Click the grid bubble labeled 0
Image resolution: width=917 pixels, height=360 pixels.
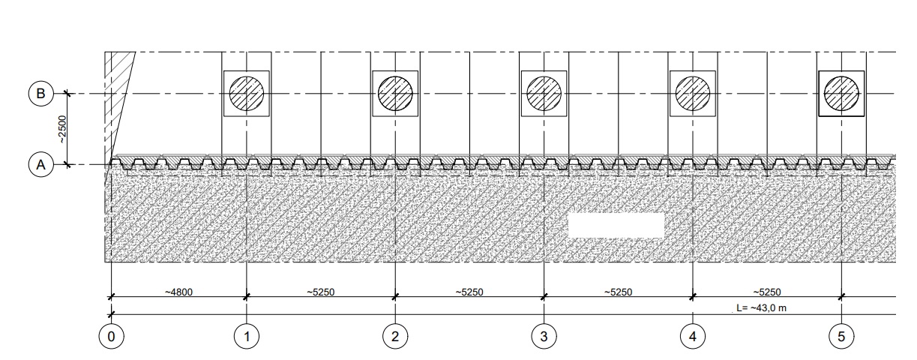112,337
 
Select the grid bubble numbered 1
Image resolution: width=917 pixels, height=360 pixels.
247,337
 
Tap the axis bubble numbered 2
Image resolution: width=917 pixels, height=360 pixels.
395,337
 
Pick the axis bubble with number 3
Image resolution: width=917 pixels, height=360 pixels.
544,337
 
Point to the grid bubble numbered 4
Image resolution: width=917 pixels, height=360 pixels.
693,337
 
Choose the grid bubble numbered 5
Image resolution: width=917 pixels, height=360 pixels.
841,337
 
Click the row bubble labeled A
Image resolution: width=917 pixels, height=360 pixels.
41,165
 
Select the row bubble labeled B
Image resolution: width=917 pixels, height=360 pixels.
41,94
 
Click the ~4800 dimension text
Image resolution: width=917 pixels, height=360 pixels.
179,292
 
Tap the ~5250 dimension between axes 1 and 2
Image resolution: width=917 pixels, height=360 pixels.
321,292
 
